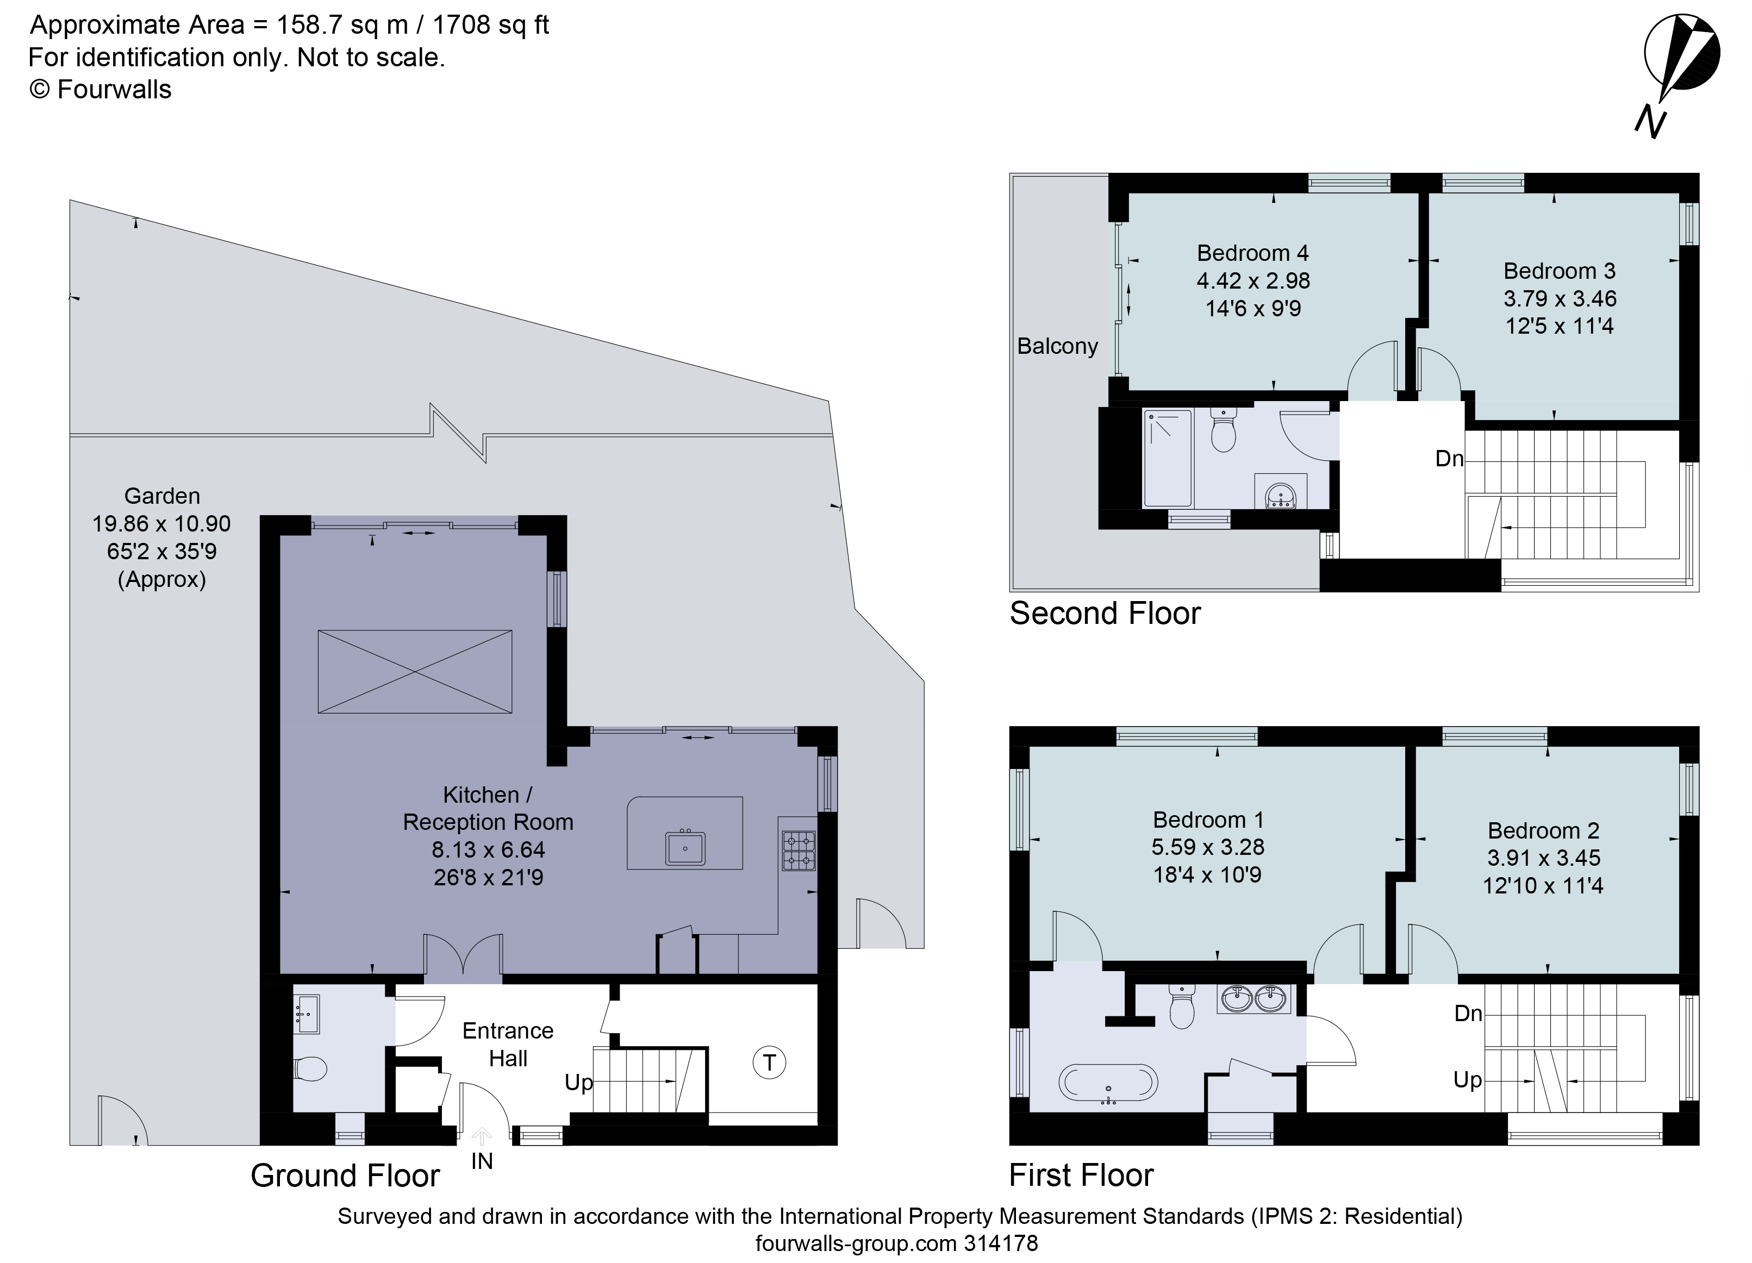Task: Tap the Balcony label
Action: tap(1057, 346)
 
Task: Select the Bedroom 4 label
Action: tap(1252, 253)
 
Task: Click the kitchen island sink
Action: tap(684, 847)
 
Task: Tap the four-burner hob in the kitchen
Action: tap(798, 851)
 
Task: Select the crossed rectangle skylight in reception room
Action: tap(415, 671)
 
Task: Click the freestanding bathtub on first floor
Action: tap(1108, 1083)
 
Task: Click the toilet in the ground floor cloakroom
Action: tap(310, 1069)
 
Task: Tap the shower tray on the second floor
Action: tap(1167, 458)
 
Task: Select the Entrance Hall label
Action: tap(508, 1045)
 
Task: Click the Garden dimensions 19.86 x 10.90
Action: tap(161, 524)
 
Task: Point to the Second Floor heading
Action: tap(1105, 614)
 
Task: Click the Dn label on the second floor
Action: tap(1449, 459)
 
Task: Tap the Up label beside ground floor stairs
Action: tap(578, 1082)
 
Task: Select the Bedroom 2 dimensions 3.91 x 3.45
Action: tap(1543, 858)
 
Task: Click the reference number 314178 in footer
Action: tap(1000, 1243)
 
